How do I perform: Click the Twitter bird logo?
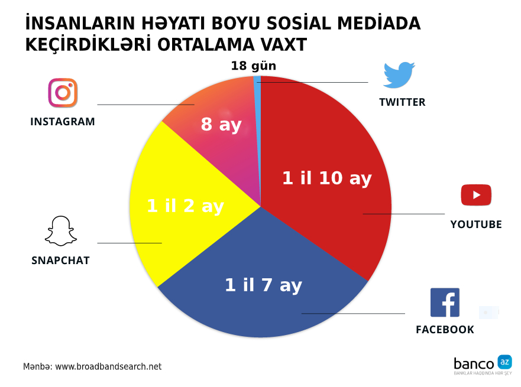(x=399, y=74)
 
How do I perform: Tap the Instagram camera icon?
(x=63, y=93)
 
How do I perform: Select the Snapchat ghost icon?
(x=61, y=231)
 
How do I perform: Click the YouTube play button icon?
(x=476, y=195)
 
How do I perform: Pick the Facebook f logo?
(x=445, y=303)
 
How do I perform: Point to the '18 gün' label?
(x=254, y=66)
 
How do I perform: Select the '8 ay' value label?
(x=221, y=125)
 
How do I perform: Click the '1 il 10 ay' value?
(x=327, y=178)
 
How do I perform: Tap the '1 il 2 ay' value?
(x=186, y=206)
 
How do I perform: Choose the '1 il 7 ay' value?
(x=264, y=285)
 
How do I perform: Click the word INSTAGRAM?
(x=63, y=122)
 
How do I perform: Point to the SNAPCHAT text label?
(x=60, y=261)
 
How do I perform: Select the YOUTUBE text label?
(x=476, y=225)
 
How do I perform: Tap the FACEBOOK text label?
(x=445, y=330)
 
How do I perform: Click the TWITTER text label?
(x=402, y=102)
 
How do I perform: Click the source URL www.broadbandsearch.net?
(x=108, y=366)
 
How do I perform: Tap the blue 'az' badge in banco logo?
(x=504, y=362)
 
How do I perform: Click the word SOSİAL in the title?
(x=299, y=24)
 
